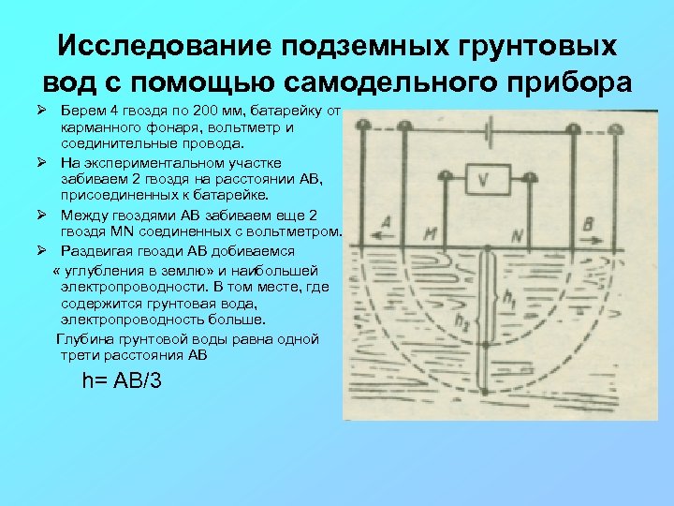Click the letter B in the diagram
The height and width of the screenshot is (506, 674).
click(x=587, y=223)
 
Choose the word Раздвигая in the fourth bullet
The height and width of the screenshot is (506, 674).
click(x=98, y=251)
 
